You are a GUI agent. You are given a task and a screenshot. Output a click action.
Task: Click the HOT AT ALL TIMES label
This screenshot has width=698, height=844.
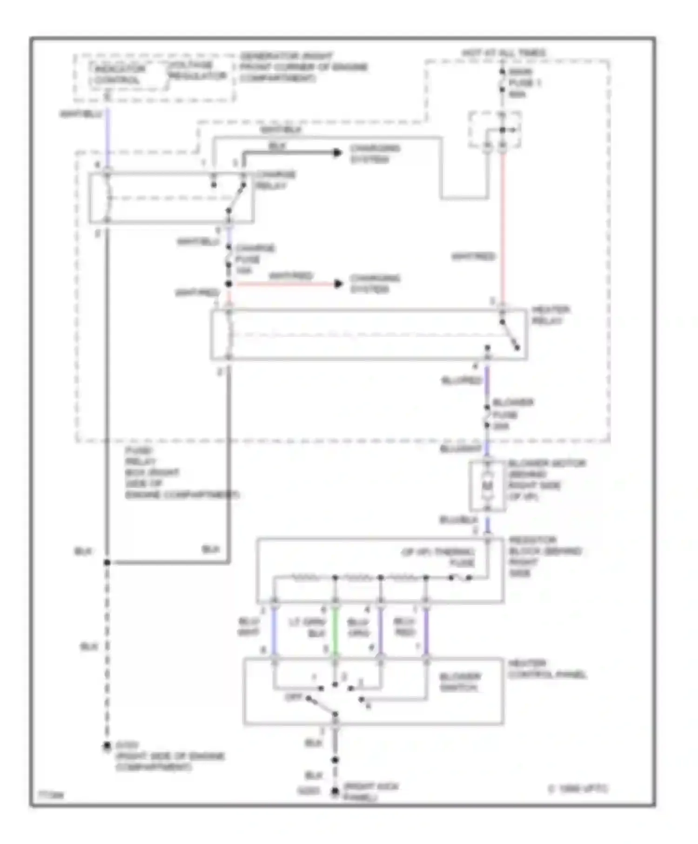[x=503, y=53]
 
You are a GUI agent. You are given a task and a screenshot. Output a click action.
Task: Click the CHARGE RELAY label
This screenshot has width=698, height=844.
[x=275, y=180]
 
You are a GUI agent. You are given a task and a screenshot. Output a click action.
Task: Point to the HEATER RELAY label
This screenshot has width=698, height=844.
[x=550, y=315]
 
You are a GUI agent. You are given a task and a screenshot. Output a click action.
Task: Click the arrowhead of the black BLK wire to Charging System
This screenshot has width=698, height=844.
[x=338, y=153]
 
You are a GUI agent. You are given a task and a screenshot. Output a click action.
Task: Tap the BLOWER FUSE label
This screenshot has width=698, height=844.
[x=511, y=414]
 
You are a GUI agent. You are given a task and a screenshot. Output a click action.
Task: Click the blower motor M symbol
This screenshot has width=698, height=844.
[x=487, y=486]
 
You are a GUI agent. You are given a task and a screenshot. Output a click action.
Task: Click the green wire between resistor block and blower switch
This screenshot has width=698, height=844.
[x=335, y=632]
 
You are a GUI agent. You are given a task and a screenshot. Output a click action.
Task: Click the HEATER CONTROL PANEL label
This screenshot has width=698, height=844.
[x=546, y=669]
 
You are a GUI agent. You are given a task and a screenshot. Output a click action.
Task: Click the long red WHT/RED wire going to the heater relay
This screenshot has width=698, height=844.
[x=503, y=233]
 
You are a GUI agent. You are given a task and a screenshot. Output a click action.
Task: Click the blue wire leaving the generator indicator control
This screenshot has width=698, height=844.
[x=107, y=140]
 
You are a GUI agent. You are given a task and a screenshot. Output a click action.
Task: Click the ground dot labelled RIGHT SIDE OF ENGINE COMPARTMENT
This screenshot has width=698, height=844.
[x=107, y=746]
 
